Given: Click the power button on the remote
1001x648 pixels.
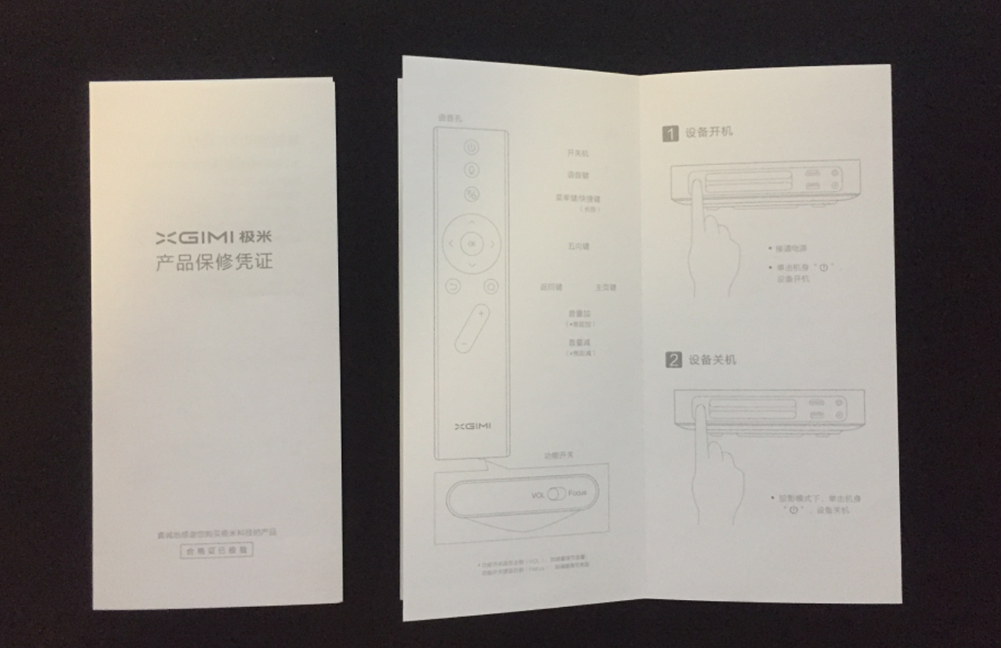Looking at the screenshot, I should pyautogui.click(x=471, y=148).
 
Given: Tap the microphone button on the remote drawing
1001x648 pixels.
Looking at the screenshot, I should pyautogui.click(x=471, y=170).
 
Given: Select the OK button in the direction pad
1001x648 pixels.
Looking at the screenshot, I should pyautogui.click(x=471, y=244).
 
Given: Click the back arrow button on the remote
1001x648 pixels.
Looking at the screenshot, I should pyautogui.click(x=452, y=287).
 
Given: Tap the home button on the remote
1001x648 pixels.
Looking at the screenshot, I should pyautogui.click(x=491, y=287).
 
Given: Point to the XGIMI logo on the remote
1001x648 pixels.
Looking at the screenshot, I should pyautogui.click(x=473, y=426).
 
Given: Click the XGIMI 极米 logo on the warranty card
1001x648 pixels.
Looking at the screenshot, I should pyautogui.click(x=214, y=237).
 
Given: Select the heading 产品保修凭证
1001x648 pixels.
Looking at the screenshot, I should pyautogui.click(x=214, y=263).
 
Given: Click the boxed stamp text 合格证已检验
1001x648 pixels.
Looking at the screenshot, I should pyautogui.click(x=216, y=550).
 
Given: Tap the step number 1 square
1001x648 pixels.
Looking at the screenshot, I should pyautogui.click(x=670, y=134).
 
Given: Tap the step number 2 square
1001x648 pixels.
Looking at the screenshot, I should pyautogui.click(x=674, y=361).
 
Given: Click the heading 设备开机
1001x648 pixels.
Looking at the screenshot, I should pyautogui.click(x=709, y=132).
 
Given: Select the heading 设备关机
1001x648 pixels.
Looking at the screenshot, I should pyautogui.click(x=712, y=359).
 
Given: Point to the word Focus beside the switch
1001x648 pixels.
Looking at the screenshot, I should pyautogui.click(x=578, y=494).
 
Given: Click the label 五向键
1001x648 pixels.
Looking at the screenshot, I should pyautogui.click(x=579, y=246).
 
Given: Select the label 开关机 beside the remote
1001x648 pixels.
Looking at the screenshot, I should pyautogui.click(x=577, y=153).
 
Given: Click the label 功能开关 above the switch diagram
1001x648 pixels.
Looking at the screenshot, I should pyautogui.click(x=559, y=455).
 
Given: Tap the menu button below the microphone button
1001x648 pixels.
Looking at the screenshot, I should pyautogui.click(x=471, y=194).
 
